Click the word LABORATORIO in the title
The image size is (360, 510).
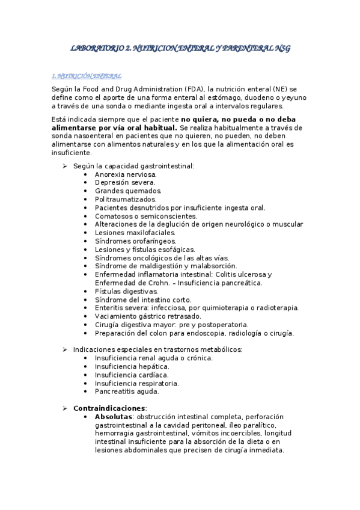point(97,48)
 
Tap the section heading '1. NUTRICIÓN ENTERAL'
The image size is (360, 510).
point(87,76)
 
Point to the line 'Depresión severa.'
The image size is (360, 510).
point(125,182)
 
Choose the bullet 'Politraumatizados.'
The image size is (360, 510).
point(126,199)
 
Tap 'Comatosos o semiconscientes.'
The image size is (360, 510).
point(145,216)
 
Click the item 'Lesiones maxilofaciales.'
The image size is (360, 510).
point(135,232)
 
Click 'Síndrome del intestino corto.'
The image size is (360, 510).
point(143,300)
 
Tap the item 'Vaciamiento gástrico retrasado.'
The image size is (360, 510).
point(148,316)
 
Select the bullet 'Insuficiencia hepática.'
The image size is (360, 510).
point(132,366)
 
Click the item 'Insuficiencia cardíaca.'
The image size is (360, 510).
point(132,374)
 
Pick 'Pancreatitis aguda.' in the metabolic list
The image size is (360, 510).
point(127,391)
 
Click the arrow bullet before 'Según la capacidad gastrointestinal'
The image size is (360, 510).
point(65,165)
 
